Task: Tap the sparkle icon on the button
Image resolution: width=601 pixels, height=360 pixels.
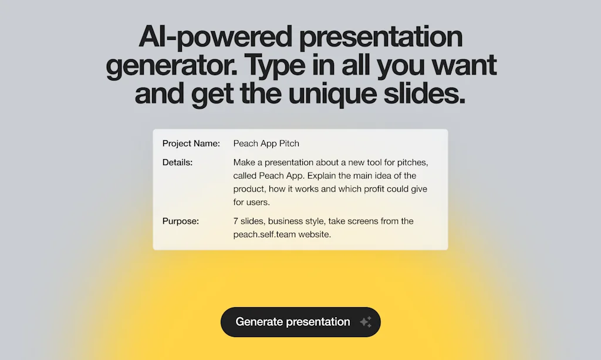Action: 366,322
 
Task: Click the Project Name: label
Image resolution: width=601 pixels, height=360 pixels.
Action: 191,143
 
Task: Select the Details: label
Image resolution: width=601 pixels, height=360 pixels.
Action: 177,162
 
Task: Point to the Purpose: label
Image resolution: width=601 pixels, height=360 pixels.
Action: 181,221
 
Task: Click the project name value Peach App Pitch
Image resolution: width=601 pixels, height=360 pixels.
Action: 266,143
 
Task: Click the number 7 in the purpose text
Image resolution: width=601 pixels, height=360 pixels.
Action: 236,221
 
